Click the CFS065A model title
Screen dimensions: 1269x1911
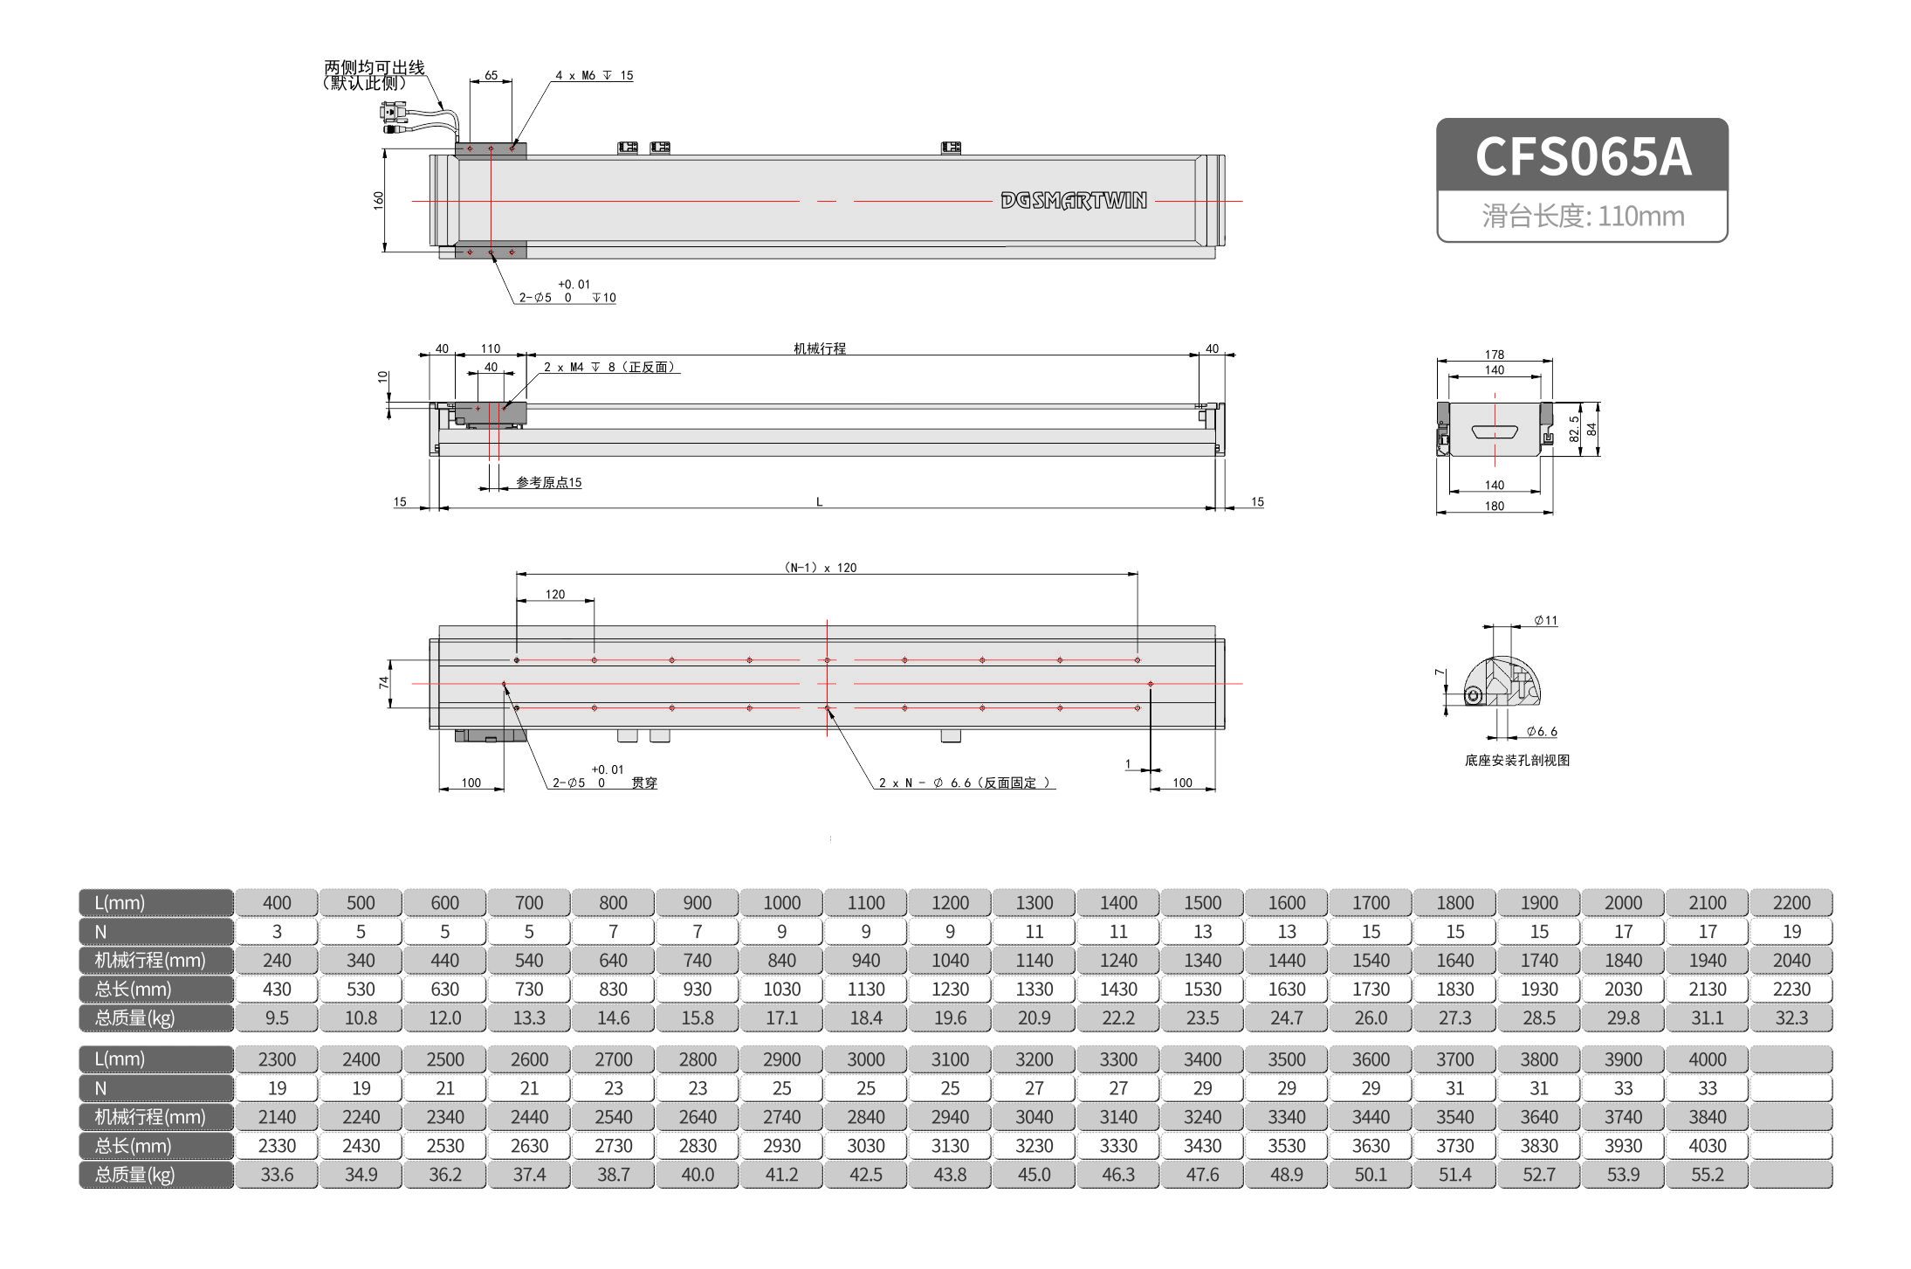tap(1582, 156)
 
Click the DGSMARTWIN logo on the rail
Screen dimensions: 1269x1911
tap(1073, 201)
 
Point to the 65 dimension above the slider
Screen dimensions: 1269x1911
tap(491, 76)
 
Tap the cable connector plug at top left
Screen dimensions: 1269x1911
tap(394, 112)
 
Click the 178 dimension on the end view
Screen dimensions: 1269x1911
tap(1494, 355)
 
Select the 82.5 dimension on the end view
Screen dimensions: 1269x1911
tap(1574, 428)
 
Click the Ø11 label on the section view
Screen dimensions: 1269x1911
tap(1545, 621)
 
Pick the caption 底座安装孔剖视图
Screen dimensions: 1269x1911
tap(1516, 761)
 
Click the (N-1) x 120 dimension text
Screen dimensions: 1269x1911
tap(820, 568)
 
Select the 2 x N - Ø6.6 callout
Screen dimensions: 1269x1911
tap(964, 783)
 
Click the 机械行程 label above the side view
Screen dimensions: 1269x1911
tap(819, 348)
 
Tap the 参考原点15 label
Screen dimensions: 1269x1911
tap(548, 482)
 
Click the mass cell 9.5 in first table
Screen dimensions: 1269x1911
tap(277, 1018)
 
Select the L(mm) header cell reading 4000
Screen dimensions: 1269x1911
tap(1707, 1059)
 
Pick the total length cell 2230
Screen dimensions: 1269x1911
tap(1791, 990)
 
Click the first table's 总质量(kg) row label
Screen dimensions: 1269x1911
tap(135, 1018)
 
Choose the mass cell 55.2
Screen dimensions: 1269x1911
tap(1707, 1175)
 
